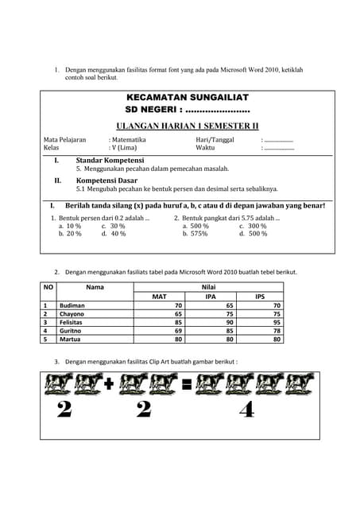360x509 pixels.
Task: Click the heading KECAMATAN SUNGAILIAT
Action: [x=187, y=97]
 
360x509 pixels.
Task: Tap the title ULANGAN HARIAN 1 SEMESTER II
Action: [x=187, y=126]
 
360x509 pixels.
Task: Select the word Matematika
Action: [x=129, y=140]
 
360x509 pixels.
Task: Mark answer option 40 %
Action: [x=118, y=235]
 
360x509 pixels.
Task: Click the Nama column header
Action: [x=95, y=286]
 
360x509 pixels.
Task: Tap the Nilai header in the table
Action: [x=209, y=286]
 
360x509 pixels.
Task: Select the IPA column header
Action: [x=211, y=297]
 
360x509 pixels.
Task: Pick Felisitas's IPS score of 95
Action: [x=277, y=322]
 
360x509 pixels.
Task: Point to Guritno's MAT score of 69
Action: [x=179, y=331]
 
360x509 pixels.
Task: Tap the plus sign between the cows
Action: [x=108, y=386]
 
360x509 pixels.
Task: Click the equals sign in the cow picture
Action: [x=187, y=386]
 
